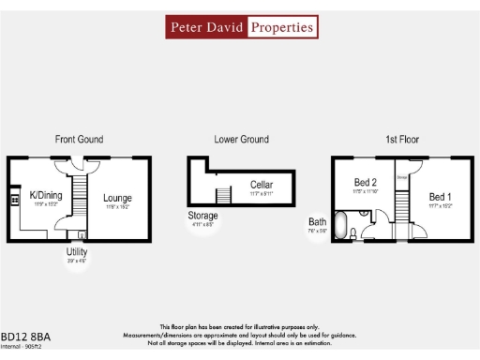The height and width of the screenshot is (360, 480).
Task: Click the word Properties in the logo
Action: (x=281, y=27)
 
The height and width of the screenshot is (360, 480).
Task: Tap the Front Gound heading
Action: (x=79, y=140)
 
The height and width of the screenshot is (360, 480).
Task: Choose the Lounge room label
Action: (x=117, y=198)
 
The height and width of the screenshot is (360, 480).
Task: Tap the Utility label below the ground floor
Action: (x=76, y=252)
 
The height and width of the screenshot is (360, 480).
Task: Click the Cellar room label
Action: (x=262, y=184)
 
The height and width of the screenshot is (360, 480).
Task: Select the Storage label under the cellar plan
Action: (x=202, y=216)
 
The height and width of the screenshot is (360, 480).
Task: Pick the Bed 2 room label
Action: (x=365, y=182)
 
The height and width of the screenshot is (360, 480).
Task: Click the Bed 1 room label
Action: (x=440, y=196)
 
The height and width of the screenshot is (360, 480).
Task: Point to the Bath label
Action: (x=318, y=222)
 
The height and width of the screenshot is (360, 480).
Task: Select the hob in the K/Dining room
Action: (x=13, y=200)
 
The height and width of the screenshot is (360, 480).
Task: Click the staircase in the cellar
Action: (x=224, y=195)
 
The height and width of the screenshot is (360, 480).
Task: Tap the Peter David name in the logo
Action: (x=206, y=27)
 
